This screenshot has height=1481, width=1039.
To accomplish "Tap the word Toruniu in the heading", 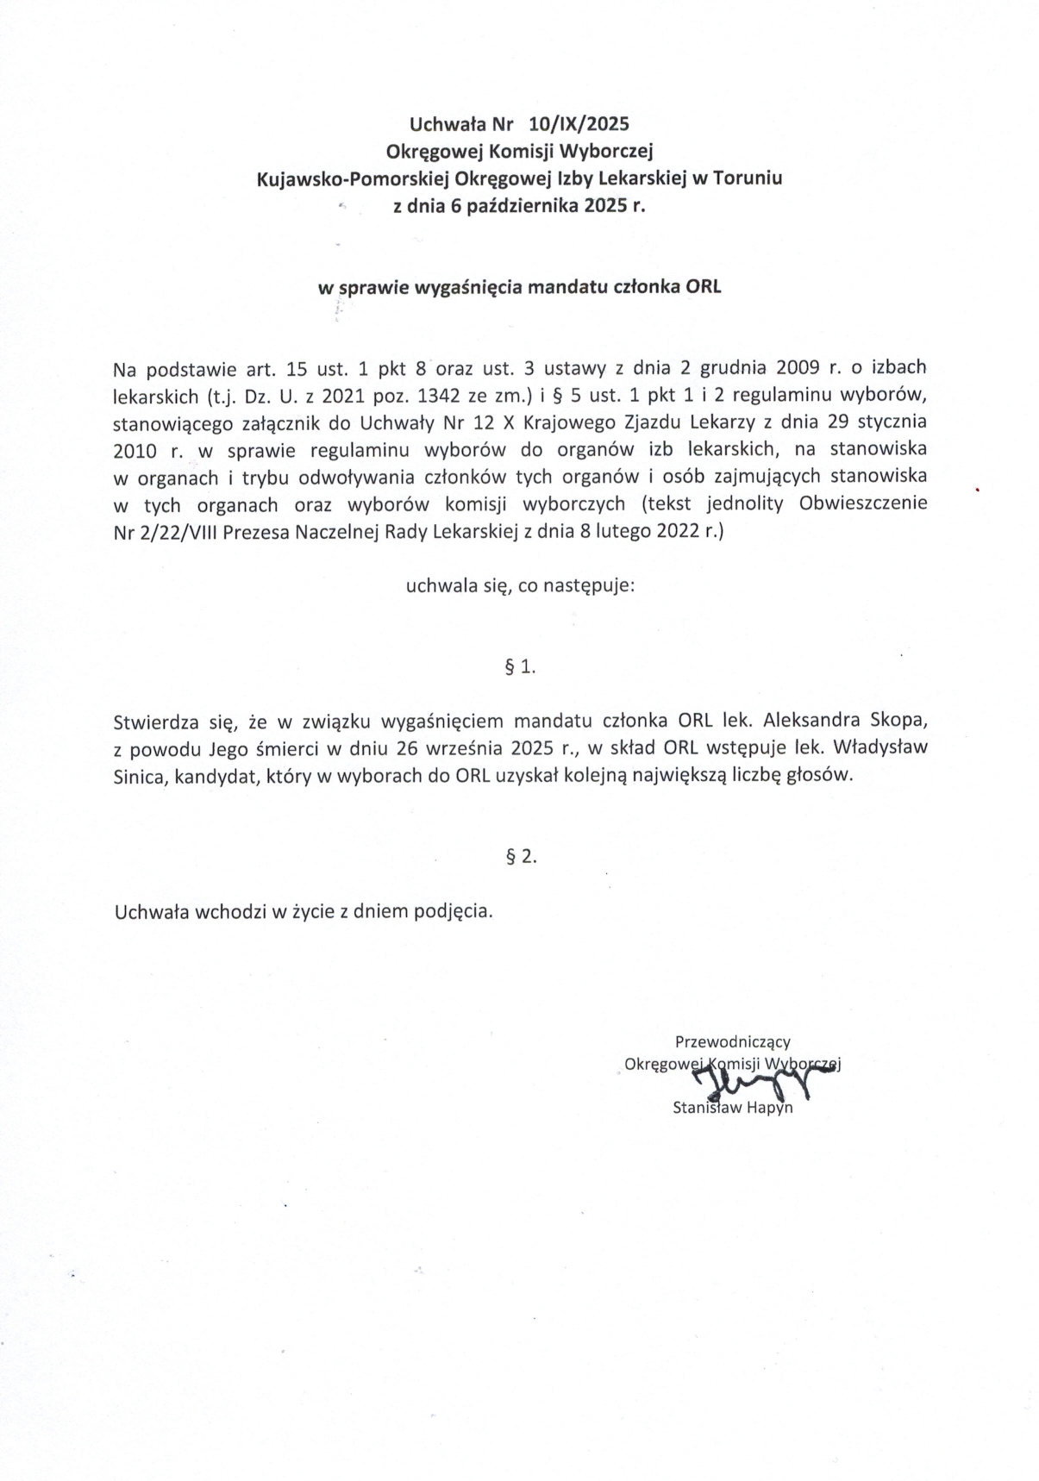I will (748, 179).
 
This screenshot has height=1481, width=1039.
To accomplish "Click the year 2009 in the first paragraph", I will (802, 367).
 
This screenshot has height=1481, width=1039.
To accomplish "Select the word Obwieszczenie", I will (863, 504).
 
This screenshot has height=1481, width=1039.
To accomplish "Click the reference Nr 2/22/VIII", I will (166, 532).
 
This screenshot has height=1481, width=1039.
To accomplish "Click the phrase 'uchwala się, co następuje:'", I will (520, 587).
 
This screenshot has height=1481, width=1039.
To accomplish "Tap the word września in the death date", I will (464, 747).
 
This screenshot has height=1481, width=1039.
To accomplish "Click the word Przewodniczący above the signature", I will (732, 1042).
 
